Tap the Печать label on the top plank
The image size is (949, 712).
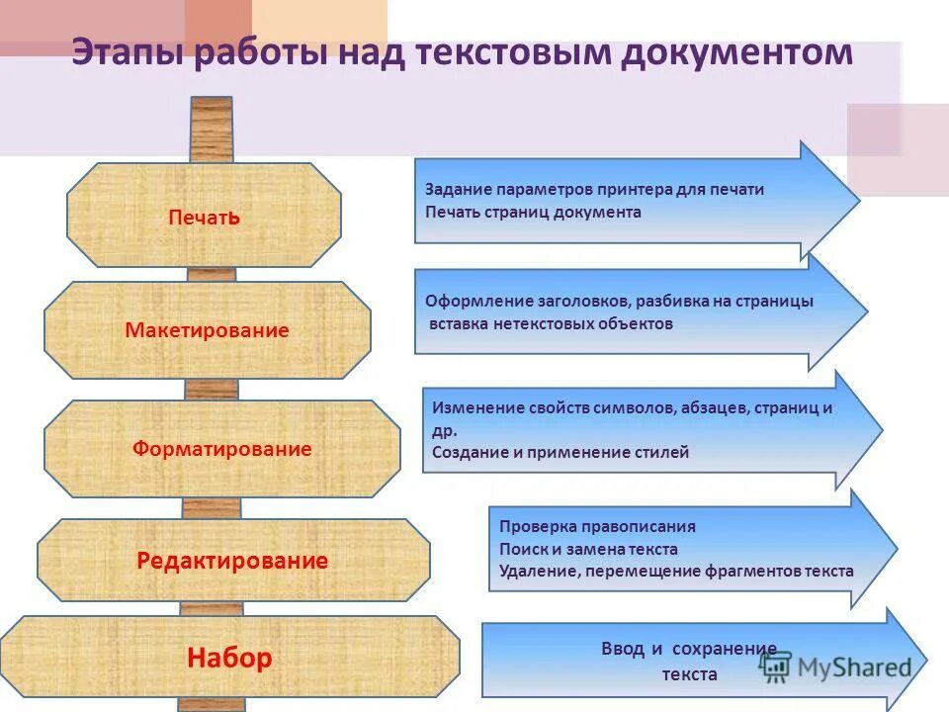[x=205, y=218]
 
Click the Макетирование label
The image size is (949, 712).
[x=208, y=331]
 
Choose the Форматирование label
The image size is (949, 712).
[x=222, y=450]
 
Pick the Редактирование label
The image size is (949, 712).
[x=232, y=562]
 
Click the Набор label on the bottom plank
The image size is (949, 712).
[x=229, y=659]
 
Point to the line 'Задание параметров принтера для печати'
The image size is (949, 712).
[x=594, y=190]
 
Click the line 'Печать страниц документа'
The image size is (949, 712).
[x=533, y=212]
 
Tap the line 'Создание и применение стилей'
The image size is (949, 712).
[x=561, y=452]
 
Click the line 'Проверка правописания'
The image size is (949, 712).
[x=597, y=527]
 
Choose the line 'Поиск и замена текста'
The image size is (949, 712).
[x=588, y=549]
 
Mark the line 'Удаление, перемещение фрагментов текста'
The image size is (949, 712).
[x=676, y=571]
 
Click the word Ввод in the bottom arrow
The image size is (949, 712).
[x=622, y=650]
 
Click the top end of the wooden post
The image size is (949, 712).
[x=211, y=102]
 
